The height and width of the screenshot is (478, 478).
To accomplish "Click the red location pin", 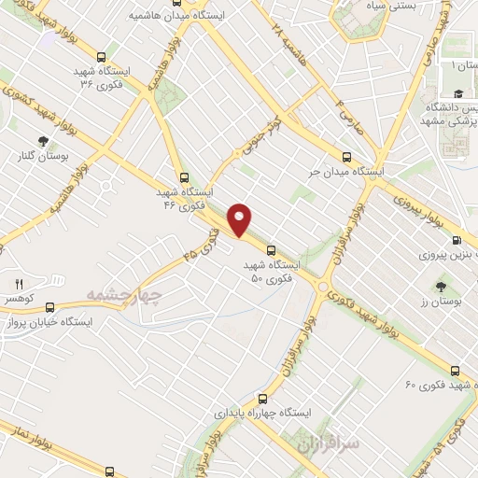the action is tap(241, 219).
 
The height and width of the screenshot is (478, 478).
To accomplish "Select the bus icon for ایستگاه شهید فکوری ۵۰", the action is tap(272, 250).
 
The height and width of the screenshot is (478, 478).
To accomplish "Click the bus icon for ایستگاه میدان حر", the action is tap(346, 156).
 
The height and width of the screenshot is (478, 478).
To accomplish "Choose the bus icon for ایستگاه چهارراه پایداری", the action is tap(275, 396).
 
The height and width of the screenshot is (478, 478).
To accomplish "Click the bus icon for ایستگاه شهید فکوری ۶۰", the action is tap(455, 370).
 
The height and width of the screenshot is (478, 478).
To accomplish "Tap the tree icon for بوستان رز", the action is tap(439, 285).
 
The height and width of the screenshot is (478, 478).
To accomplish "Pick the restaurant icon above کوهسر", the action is tap(18, 282).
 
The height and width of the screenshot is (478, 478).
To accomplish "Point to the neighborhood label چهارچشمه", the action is tap(124, 296).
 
